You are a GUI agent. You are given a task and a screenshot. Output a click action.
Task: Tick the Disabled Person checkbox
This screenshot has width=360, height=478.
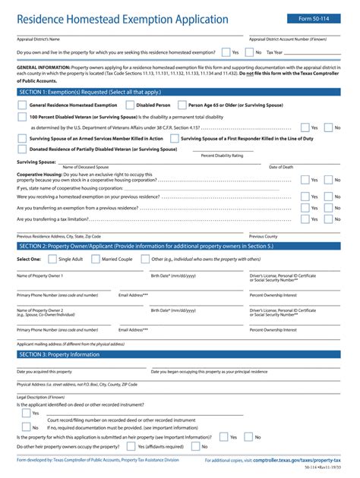130,105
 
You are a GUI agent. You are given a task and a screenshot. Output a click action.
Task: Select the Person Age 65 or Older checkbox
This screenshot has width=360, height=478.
181,105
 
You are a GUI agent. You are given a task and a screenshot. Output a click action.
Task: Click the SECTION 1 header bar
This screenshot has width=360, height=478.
180,91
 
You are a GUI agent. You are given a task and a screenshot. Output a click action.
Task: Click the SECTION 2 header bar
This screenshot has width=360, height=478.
180,246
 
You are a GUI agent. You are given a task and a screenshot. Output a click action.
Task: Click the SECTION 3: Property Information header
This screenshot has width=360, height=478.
180,354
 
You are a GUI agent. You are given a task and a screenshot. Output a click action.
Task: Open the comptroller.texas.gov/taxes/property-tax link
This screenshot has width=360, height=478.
297,461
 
